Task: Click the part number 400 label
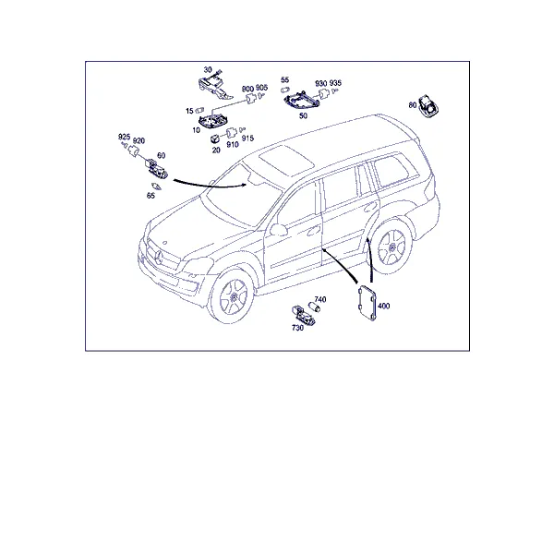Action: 383,306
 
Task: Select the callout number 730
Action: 297,328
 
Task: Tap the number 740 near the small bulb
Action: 320,299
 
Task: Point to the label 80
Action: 413,105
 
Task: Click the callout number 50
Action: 303,115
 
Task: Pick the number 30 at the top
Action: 208,70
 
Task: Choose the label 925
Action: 124,137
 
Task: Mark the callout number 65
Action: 151,196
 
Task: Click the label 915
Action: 247,138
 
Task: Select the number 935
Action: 335,83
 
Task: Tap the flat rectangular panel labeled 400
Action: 367,304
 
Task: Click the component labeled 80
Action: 428,105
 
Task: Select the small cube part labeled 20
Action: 215,138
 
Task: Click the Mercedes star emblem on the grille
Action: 158,258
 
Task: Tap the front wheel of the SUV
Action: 234,296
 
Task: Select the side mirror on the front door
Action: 279,229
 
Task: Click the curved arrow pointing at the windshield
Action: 209,186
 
